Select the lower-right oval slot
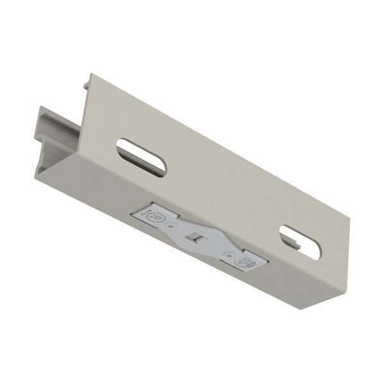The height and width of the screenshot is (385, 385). pyautogui.click(x=300, y=242)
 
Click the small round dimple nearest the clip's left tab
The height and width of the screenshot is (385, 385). pyautogui.click(x=169, y=226)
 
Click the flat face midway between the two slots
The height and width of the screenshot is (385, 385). pyautogui.click(x=221, y=193)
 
